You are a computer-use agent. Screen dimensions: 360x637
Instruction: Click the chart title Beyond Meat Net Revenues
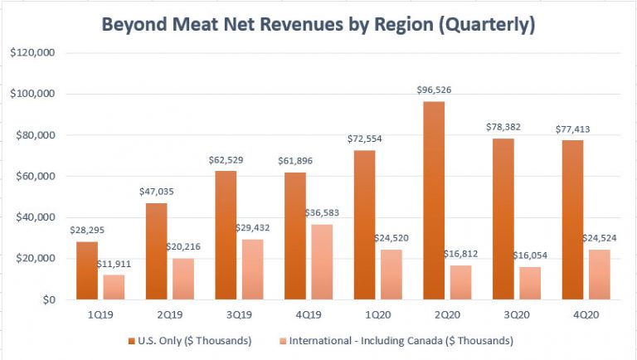point(318,25)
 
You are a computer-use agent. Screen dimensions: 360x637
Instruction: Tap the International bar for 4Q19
point(322,262)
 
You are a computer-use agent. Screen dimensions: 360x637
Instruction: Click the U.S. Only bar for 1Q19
point(87,270)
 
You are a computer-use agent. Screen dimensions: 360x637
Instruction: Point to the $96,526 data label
point(435,90)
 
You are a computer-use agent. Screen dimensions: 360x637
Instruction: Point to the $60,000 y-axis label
point(33,177)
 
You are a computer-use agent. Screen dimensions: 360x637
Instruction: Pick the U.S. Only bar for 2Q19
point(156,251)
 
